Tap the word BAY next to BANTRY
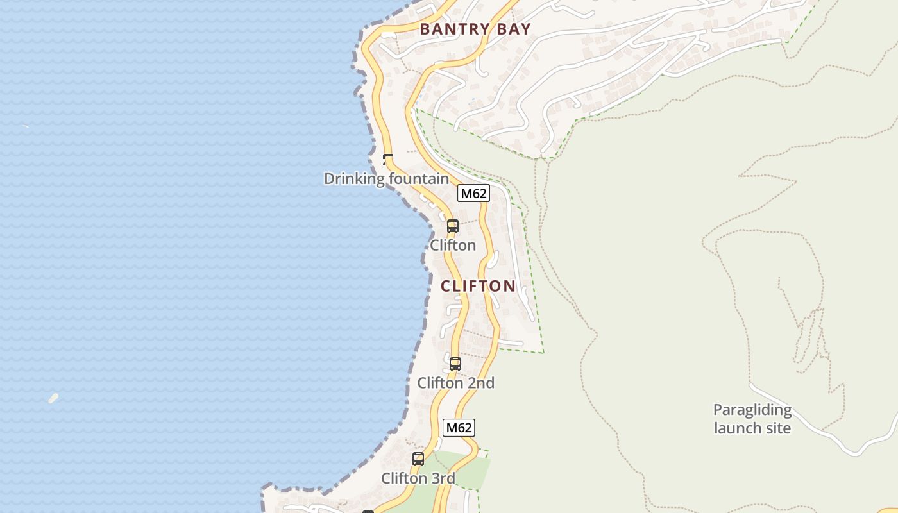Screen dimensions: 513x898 click(514, 29)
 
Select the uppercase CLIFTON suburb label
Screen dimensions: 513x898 click(478, 286)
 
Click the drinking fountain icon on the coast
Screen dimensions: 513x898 click(387, 159)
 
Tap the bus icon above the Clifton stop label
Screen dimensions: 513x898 click(453, 226)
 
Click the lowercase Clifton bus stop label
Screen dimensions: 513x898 click(453, 246)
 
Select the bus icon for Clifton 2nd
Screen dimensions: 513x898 click(455, 364)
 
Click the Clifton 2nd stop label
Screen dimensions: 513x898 click(455, 383)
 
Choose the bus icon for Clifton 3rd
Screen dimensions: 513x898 click(418, 459)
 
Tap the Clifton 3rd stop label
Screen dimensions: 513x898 click(418, 478)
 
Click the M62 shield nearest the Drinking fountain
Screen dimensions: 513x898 click(473, 193)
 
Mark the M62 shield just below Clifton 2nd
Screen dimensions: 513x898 click(459, 428)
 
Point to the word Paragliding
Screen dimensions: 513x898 click(752, 410)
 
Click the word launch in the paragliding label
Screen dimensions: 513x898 click(734, 428)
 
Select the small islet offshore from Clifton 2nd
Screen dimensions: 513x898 click(53, 398)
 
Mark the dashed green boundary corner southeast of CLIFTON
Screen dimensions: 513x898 click(543, 352)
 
